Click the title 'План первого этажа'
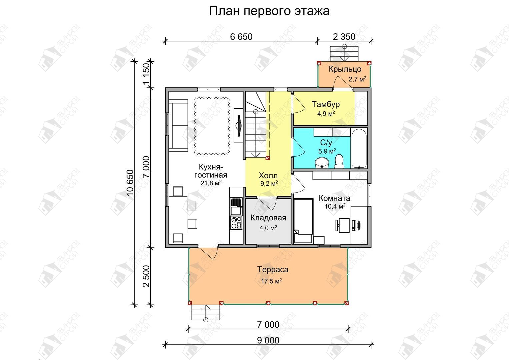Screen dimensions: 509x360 pos(269,11)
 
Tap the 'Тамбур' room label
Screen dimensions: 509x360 pos(326,104)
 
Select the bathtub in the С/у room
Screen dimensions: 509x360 pos(359,148)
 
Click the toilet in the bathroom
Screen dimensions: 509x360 pos(339,161)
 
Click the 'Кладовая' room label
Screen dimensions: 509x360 pos(268,218)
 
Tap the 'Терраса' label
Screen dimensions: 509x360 pos(273,270)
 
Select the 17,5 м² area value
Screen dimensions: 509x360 pos(271,281)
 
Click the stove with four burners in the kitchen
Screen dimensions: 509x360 pos(236,223)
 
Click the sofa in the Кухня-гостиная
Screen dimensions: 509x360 pos(178,125)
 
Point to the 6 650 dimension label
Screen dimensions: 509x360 pos(241,37)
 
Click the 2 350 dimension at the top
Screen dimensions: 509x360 pos(344,37)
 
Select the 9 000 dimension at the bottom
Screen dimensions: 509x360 pos(268,340)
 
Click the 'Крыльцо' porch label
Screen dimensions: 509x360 pos(345,69)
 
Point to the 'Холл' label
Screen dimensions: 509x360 pos(268,176)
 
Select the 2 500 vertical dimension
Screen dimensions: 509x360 pos(147,276)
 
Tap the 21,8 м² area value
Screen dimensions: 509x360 pos(211,183)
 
